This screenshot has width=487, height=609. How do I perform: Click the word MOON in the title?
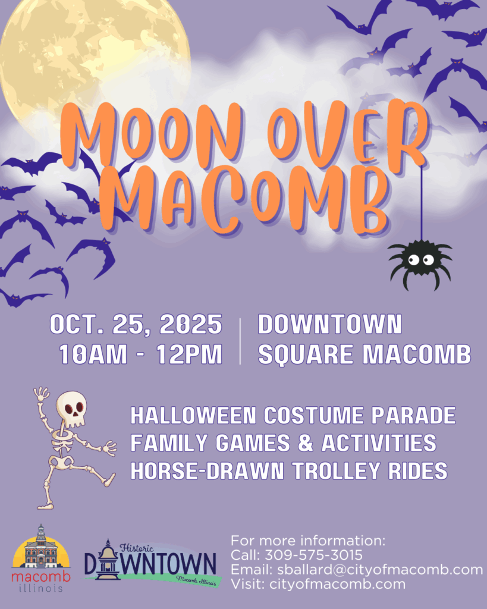tap(153, 136)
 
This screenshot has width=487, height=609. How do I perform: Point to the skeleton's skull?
tap(71, 409)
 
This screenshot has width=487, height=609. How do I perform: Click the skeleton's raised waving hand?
tap(41, 394)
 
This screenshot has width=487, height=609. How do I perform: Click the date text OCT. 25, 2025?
tap(136, 324)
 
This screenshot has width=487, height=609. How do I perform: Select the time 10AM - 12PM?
tap(140, 354)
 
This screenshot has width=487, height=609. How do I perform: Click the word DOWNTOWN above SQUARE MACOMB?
tap(329, 324)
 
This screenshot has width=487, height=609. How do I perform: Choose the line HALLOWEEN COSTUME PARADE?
tap(293, 415)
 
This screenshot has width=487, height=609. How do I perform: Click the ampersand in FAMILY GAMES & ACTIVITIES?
tap(306, 443)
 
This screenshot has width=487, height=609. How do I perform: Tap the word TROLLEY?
tap(336, 471)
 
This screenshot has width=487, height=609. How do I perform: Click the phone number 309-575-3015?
tap(313, 555)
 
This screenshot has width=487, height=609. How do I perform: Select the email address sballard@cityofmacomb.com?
tap(380, 570)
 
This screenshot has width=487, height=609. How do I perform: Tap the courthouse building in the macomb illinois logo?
tap(41, 548)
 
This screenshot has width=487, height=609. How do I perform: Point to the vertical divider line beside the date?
tap(240, 341)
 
